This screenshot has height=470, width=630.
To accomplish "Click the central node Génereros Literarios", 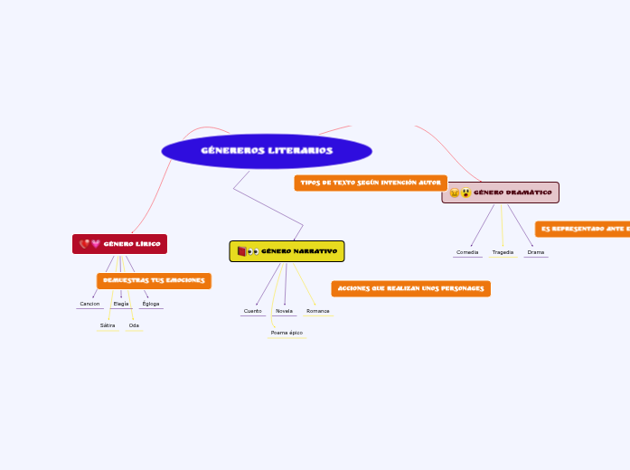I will click(x=267, y=151).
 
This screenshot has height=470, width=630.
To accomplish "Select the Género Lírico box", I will click(x=119, y=244).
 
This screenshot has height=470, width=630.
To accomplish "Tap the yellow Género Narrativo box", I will click(x=287, y=251).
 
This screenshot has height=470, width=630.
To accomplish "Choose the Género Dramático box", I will click(x=500, y=193).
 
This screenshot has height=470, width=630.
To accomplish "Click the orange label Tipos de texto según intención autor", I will click(x=371, y=183).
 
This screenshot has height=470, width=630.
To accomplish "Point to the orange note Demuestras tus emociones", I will click(x=154, y=281).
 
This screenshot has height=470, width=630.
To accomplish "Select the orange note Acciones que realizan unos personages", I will click(x=410, y=288).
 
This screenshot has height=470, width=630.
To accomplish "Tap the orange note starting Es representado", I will click(x=582, y=230).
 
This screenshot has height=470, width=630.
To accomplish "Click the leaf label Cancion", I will click(x=89, y=304).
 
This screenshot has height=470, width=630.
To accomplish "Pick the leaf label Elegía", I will click(x=121, y=304).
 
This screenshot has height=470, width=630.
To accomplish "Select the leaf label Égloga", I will click(x=151, y=304).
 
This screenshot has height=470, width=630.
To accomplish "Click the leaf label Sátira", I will click(x=108, y=325).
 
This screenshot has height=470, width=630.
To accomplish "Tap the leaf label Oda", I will click(x=134, y=325).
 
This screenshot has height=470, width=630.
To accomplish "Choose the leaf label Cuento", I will click(x=253, y=311).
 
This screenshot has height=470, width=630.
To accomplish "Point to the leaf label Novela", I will click(x=284, y=311).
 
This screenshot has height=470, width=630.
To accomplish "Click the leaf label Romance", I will click(x=317, y=311).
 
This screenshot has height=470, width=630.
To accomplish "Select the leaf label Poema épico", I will click(x=287, y=333).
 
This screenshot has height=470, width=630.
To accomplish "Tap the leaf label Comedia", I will click(x=467, y=252).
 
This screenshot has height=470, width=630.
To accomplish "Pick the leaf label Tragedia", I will click(x=503, y=252).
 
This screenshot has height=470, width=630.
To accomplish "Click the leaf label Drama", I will click(x=536, y=252).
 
